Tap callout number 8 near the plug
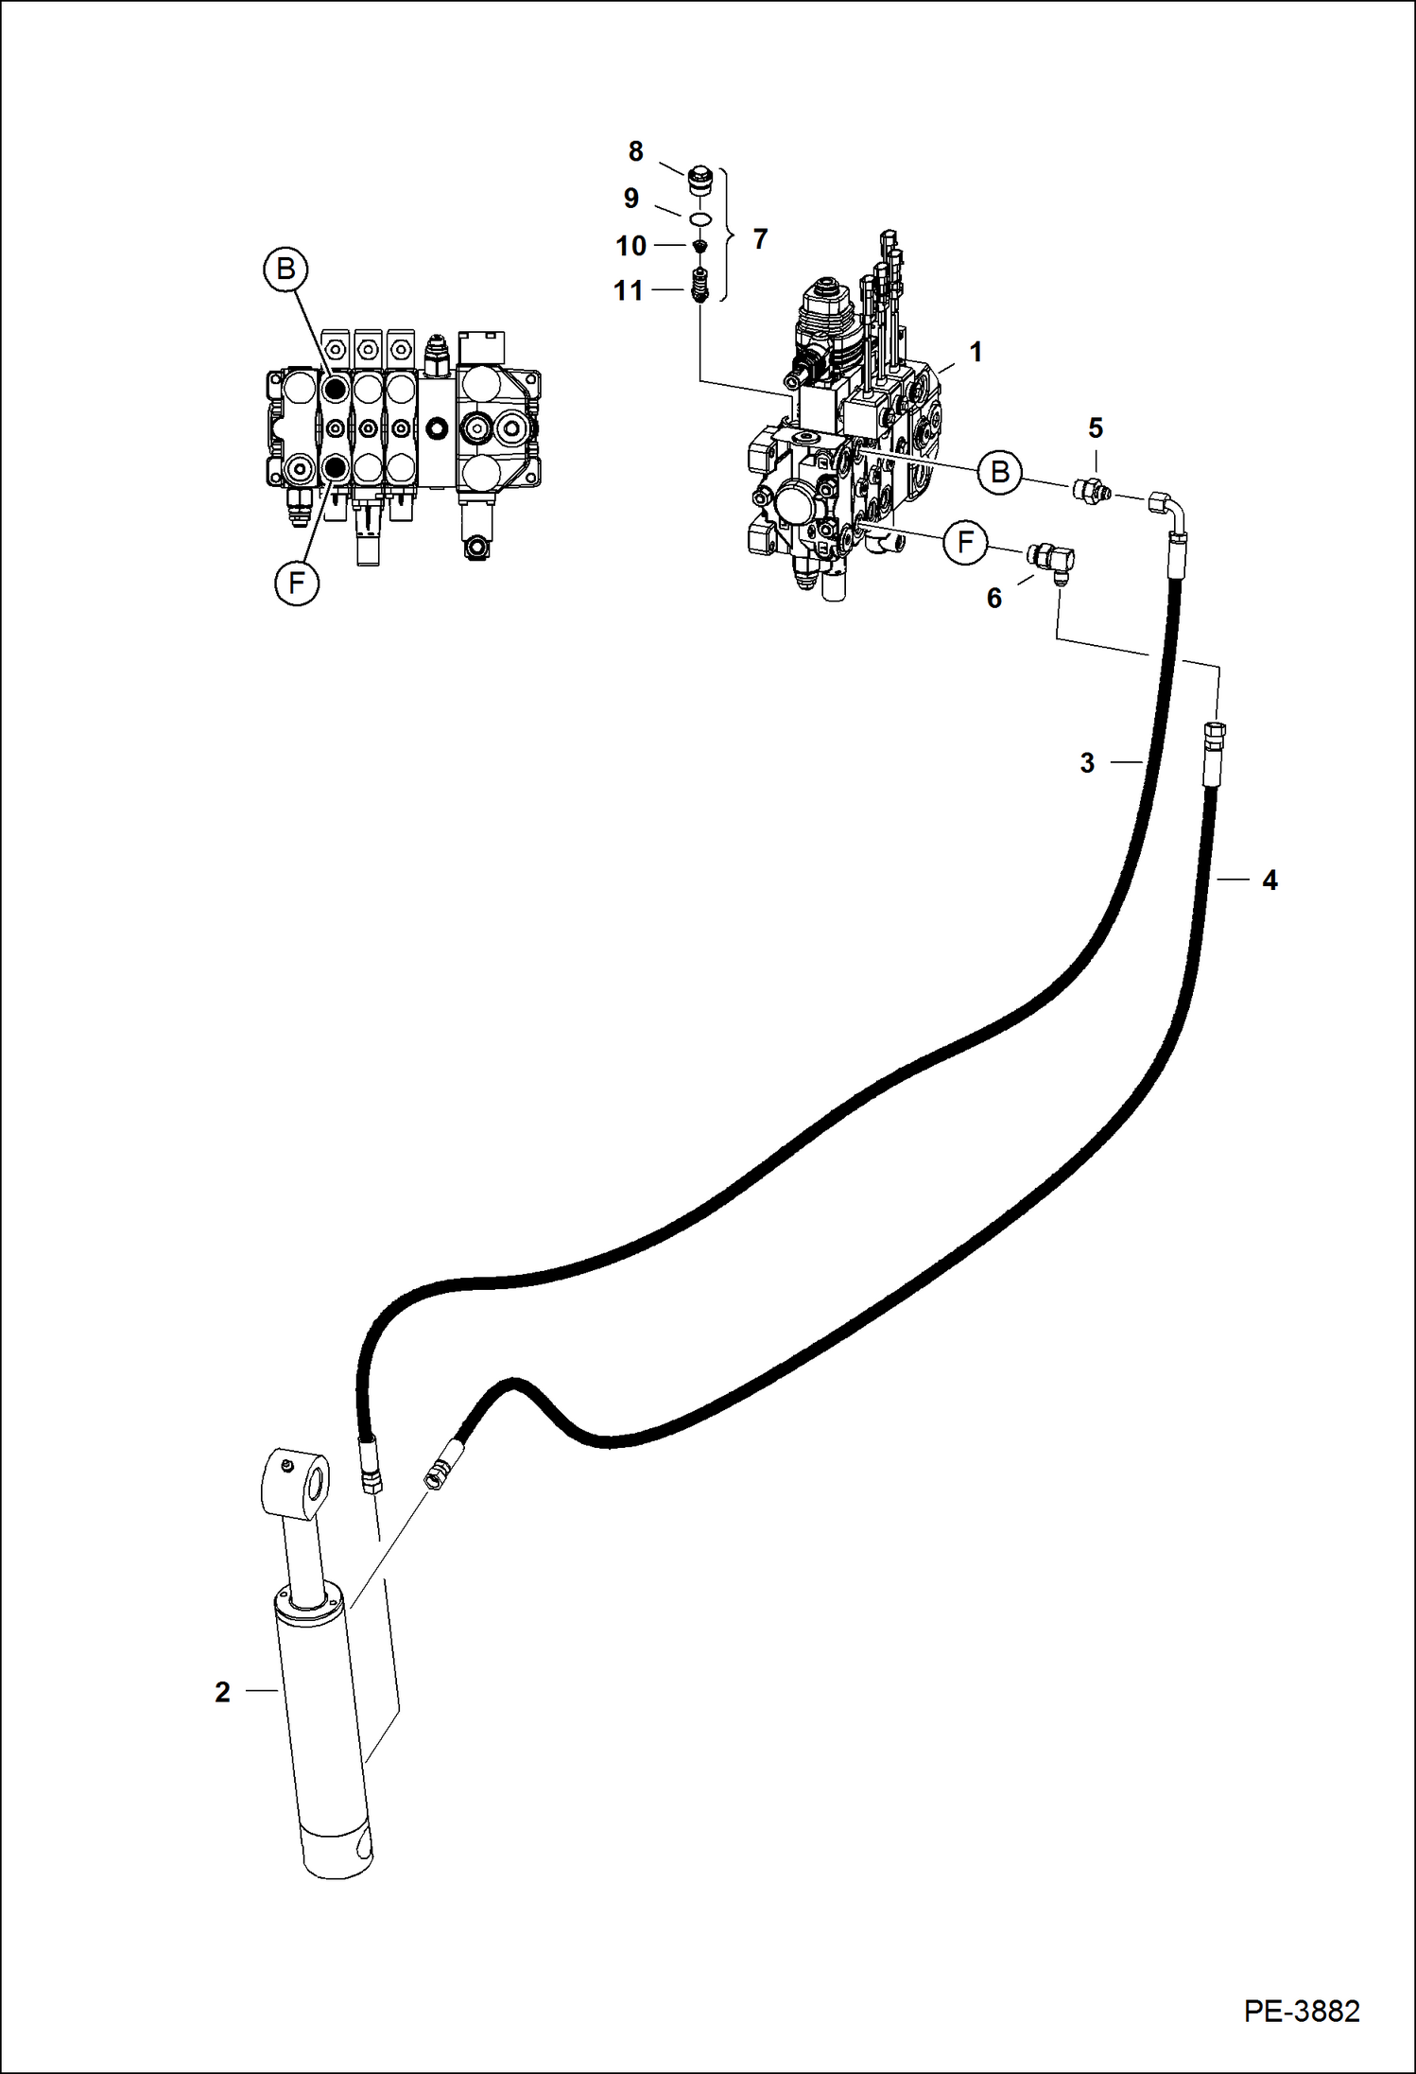(x=635, y=151)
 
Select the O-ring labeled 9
(x=699, y=219)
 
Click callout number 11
(x=628, y=290)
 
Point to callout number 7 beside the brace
(x=760, y=239)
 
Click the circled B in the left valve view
(x=285, y=270)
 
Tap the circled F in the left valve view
(x=297, y=584)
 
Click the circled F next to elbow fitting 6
(x=965, y=542)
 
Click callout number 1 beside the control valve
(x=976, y=353)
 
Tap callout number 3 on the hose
(x=1087, y=762)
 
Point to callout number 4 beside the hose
(x=1269, y=880)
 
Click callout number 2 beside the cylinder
(x=222, y=1692)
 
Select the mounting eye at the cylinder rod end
(x=293, y=1483)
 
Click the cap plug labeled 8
(x=699, y=179)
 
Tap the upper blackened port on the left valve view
(x=335, y=388)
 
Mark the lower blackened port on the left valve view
(x=335, y=466)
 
